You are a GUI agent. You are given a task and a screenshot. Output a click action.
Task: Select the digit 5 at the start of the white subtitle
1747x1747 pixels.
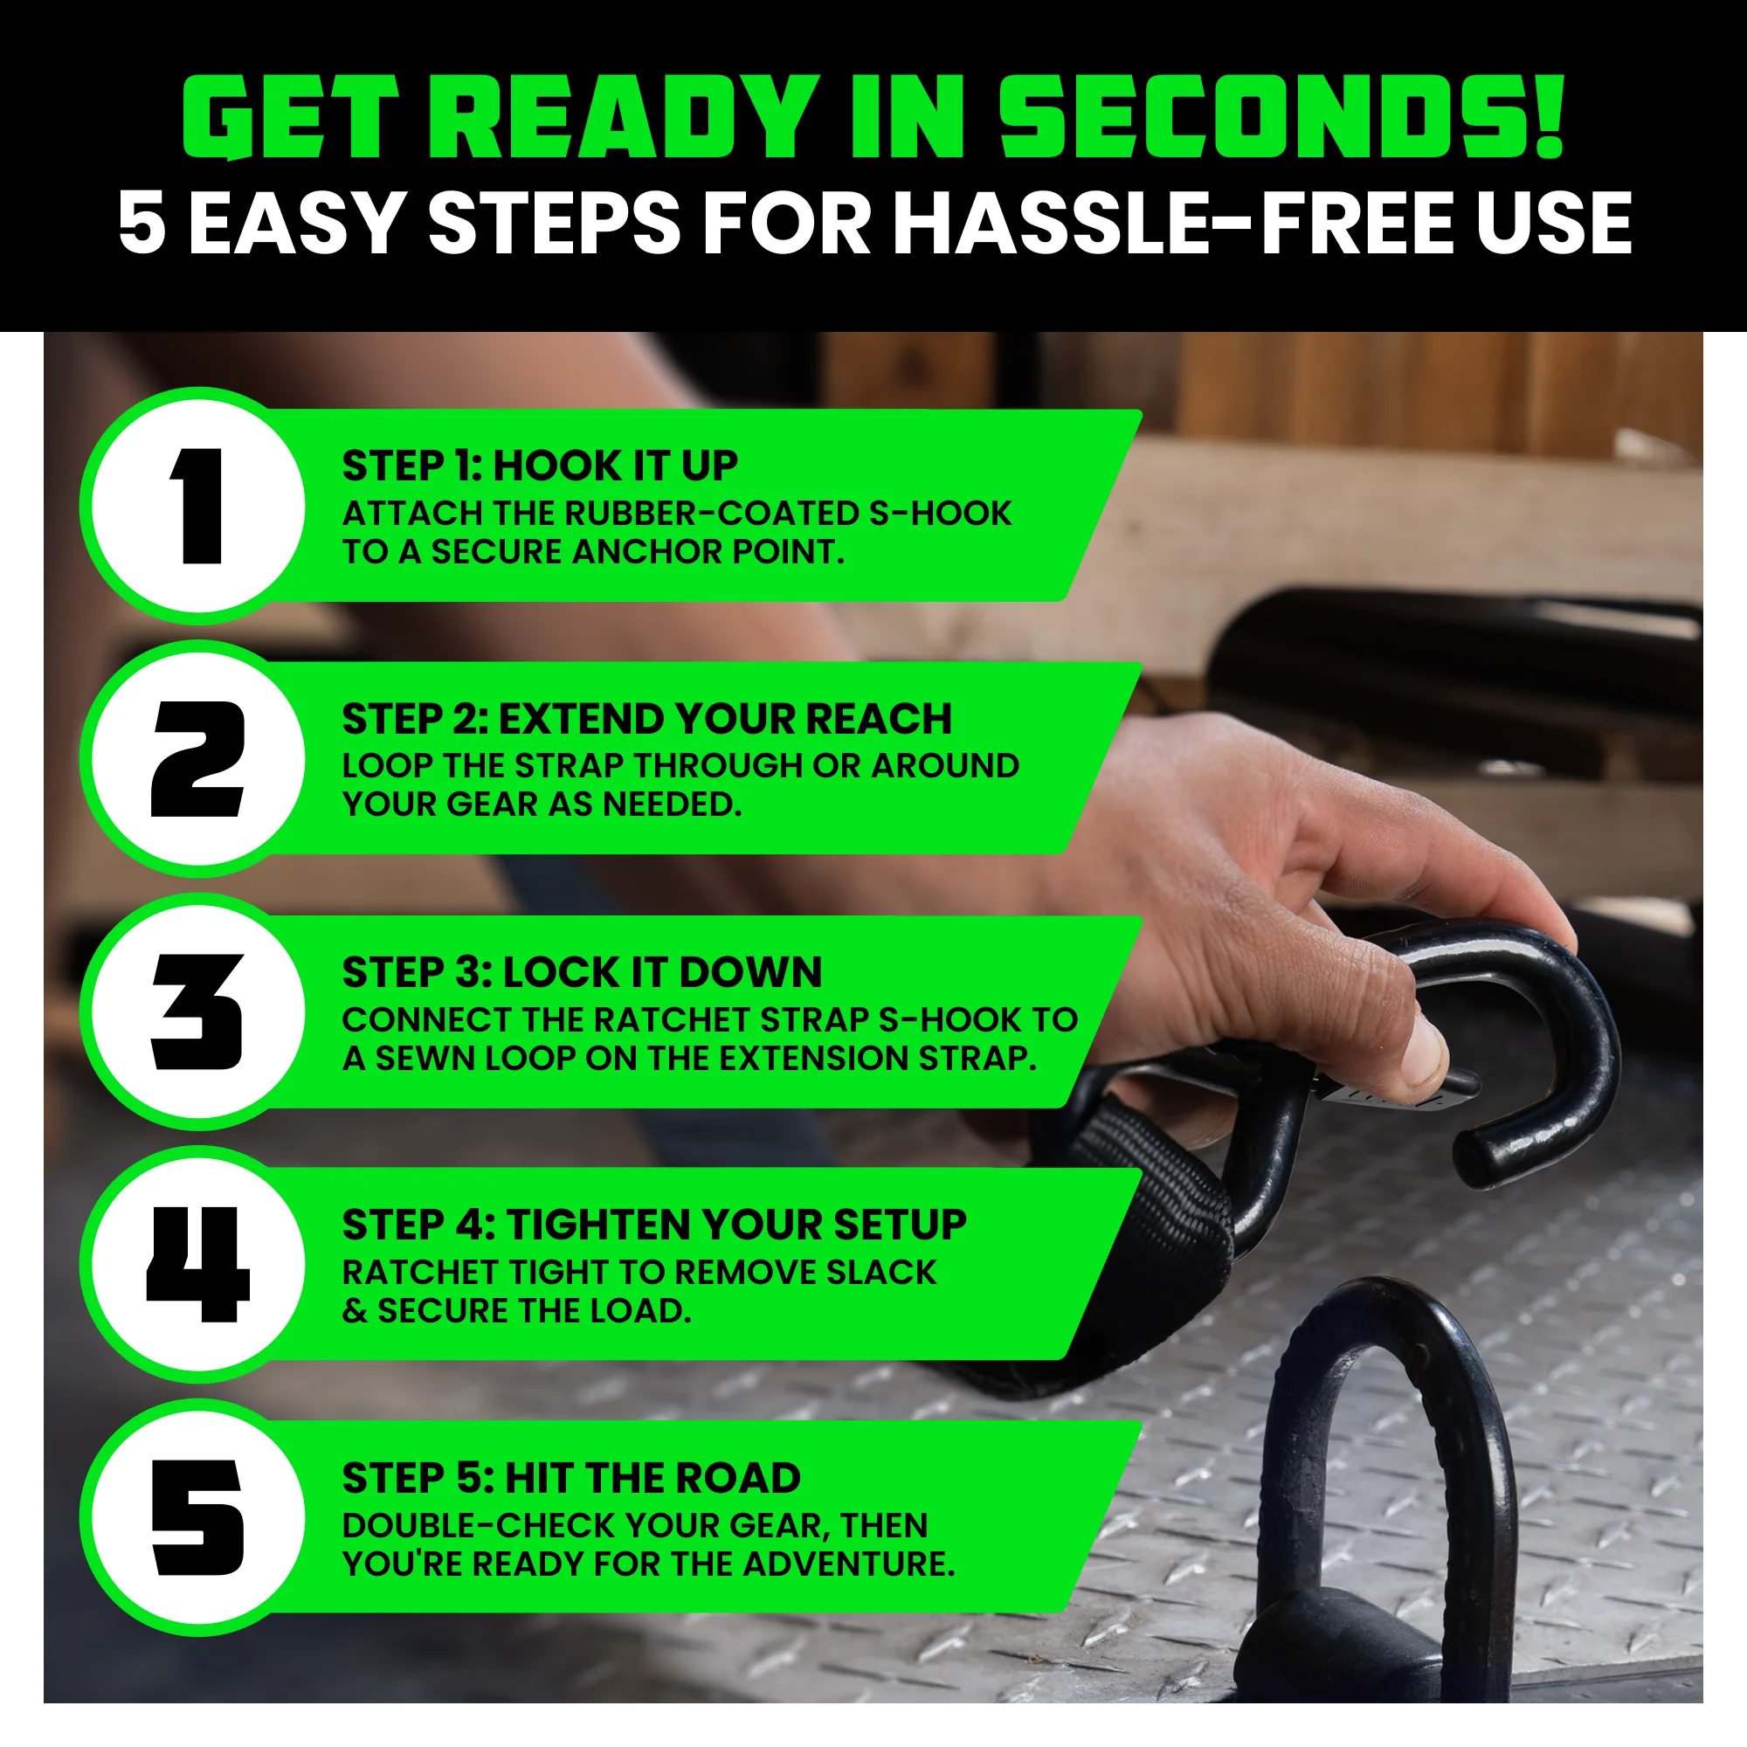tap(143, 223)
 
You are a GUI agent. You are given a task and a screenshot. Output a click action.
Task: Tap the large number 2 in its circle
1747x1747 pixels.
tap(199, 759)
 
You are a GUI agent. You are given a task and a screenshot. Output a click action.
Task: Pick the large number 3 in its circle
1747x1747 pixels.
tap(199, 1012)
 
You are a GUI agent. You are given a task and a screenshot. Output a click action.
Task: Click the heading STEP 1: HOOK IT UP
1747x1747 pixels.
tap(539, 466)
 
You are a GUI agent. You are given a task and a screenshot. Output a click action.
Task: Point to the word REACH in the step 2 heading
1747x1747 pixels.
tap(878, 720)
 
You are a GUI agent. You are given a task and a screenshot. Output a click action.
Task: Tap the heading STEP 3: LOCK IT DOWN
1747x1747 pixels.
tap(582, 973)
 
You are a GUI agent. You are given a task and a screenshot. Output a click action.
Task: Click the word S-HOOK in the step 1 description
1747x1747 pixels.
tap(940, 514)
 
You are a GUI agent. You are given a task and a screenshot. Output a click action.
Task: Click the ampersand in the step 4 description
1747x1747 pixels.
tap(355, 1311)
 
